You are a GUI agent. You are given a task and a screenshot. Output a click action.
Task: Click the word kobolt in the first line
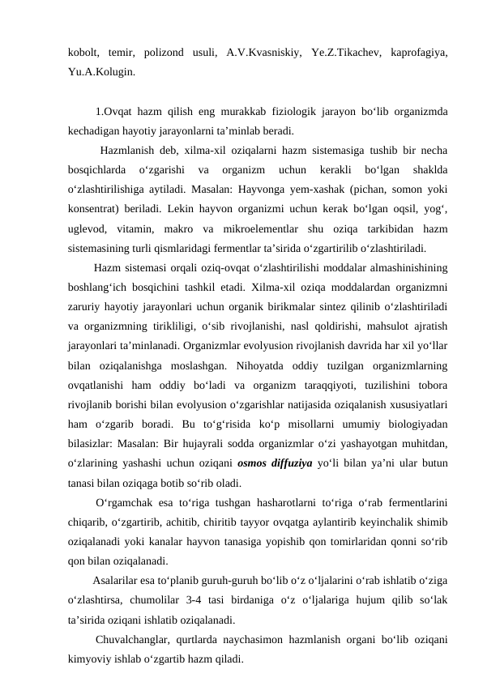click(84, 53)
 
